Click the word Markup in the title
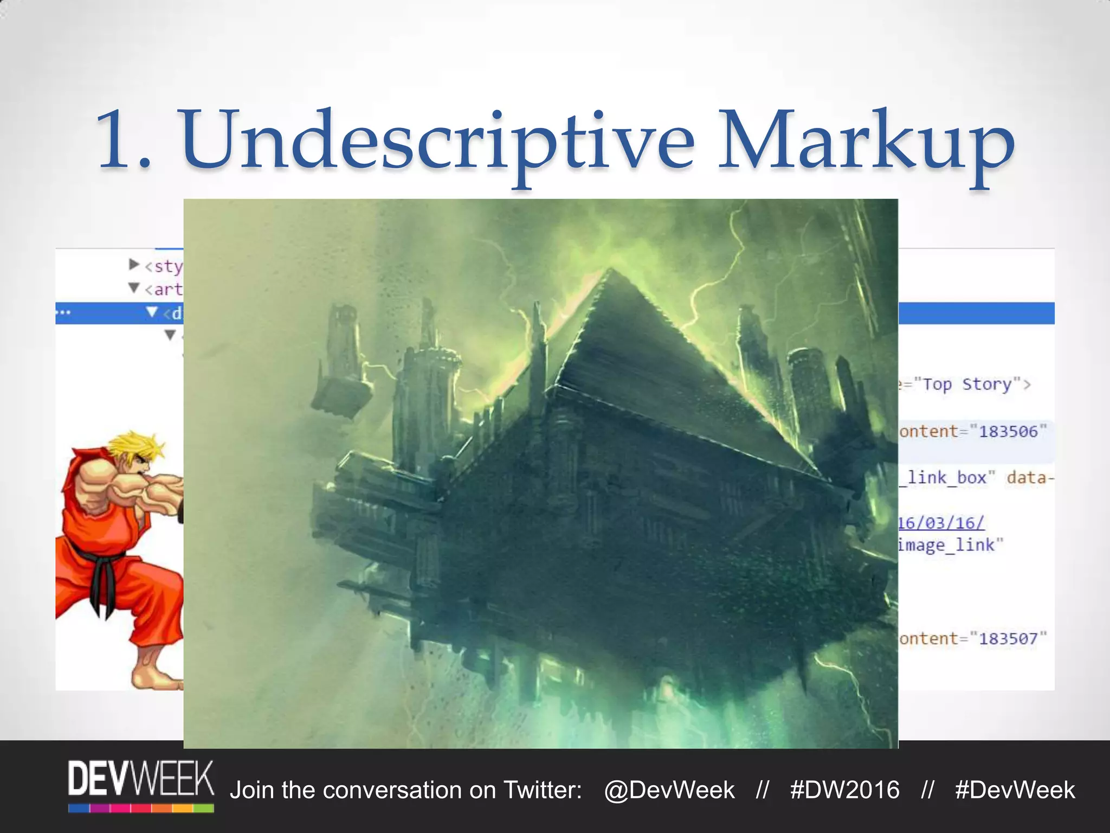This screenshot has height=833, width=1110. tap(866, 142)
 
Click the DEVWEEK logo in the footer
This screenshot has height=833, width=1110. tap(141, 785)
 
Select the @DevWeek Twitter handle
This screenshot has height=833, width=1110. tap(669, 790)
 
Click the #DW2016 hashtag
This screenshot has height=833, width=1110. tap(844, 790)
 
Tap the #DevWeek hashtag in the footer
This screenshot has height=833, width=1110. tap(1015, 790)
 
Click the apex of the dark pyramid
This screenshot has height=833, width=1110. tap(611, 271)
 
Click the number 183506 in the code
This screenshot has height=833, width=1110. tap(1008, 432)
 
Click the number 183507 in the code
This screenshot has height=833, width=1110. tap(1008, 639)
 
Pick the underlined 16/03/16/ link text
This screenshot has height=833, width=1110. tap(941, 523)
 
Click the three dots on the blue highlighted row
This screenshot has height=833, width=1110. tap(63, 313)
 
